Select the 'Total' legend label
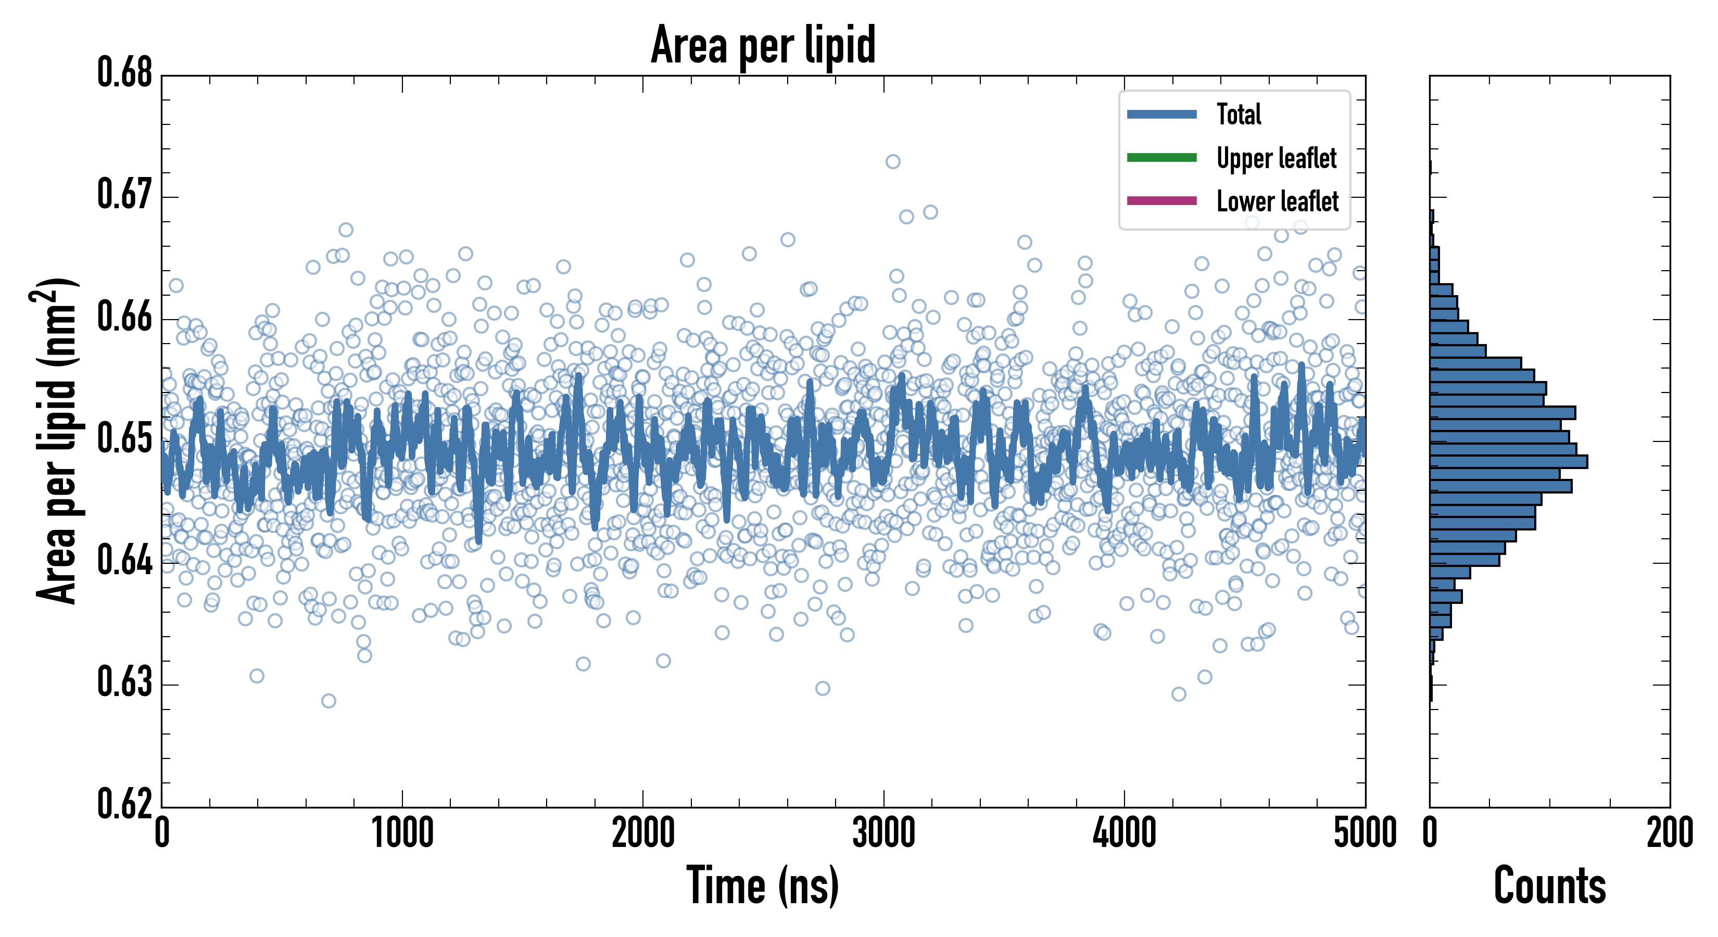coord(1239,114)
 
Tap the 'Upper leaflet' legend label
coord(1276,158)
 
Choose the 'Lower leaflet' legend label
coord(1277,201)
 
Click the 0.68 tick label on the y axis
coord(125,73)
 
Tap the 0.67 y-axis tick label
coord(125,195)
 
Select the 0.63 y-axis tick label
coord(125,682)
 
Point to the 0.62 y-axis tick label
coord(125,804)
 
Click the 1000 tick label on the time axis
coord(402,833)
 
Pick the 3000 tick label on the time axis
coord(883,833)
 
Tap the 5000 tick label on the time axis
coord(1365,833)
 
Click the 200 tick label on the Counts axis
coord(1669,833)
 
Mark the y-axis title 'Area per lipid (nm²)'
coord(57,441)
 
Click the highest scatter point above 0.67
coord(892,161)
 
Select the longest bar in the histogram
coord(1509,462)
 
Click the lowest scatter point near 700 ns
coord(328,700)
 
